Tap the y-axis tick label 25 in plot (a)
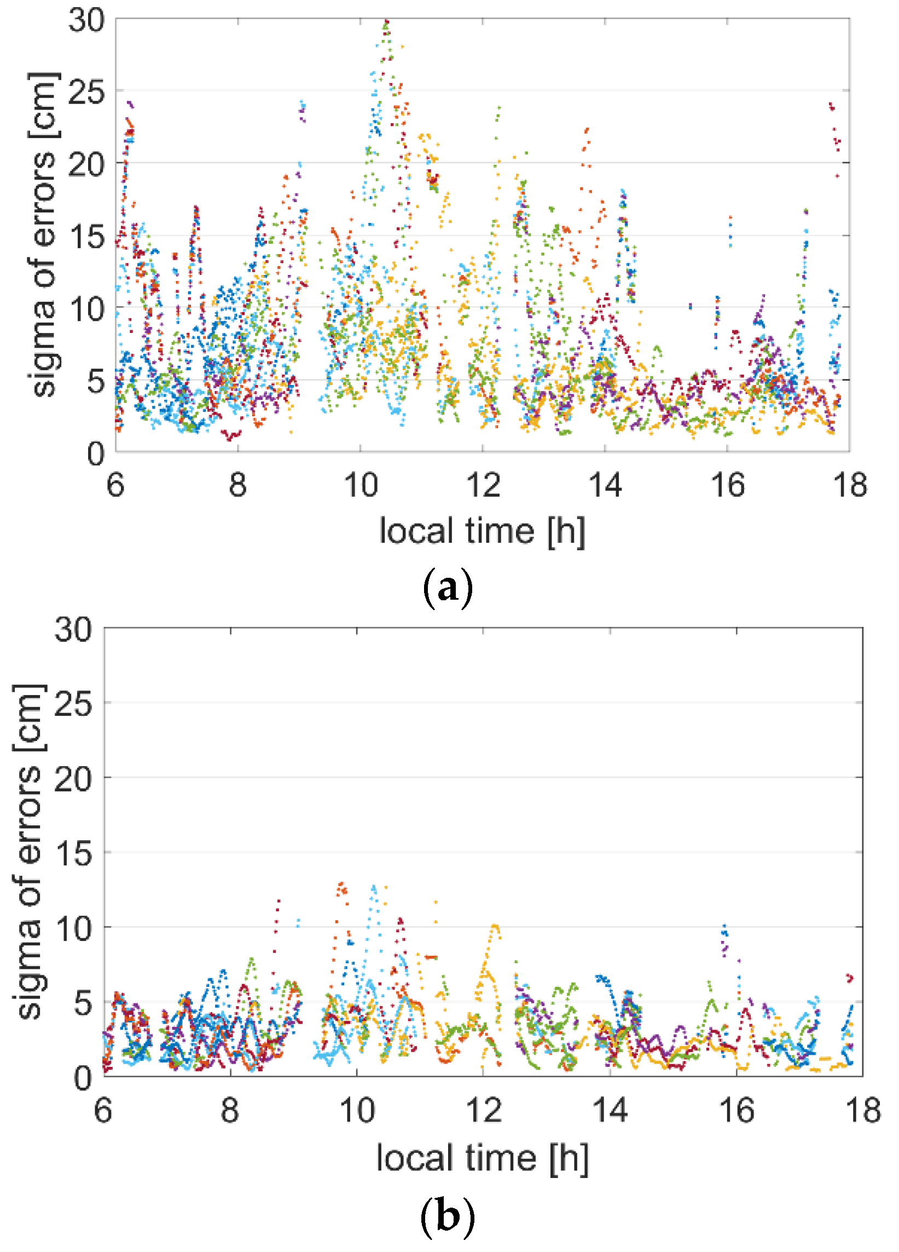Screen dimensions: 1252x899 [x=86, y=92]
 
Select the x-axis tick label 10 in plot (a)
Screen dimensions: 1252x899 [x=360, y=485]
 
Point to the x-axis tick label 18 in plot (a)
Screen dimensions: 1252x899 [x=850, y=485]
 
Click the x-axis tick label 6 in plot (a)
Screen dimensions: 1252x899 [x=115, y=485]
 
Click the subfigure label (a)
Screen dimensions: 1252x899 [x=447, y=588]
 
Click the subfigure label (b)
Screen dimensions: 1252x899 [x=447, y=1214]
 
